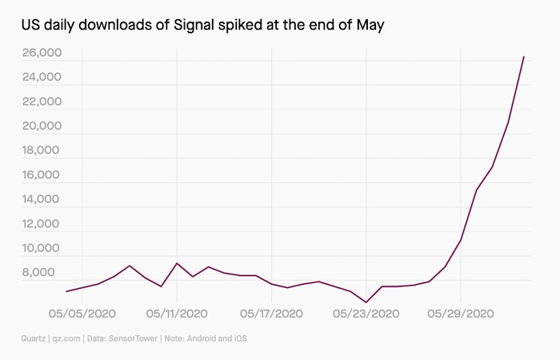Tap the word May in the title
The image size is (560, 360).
(x=370, y=27)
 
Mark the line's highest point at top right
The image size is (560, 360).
(x=523, y=57)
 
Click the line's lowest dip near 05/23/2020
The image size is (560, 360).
(x=366, y=302)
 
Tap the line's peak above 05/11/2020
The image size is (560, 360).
(x=177, y=263)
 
